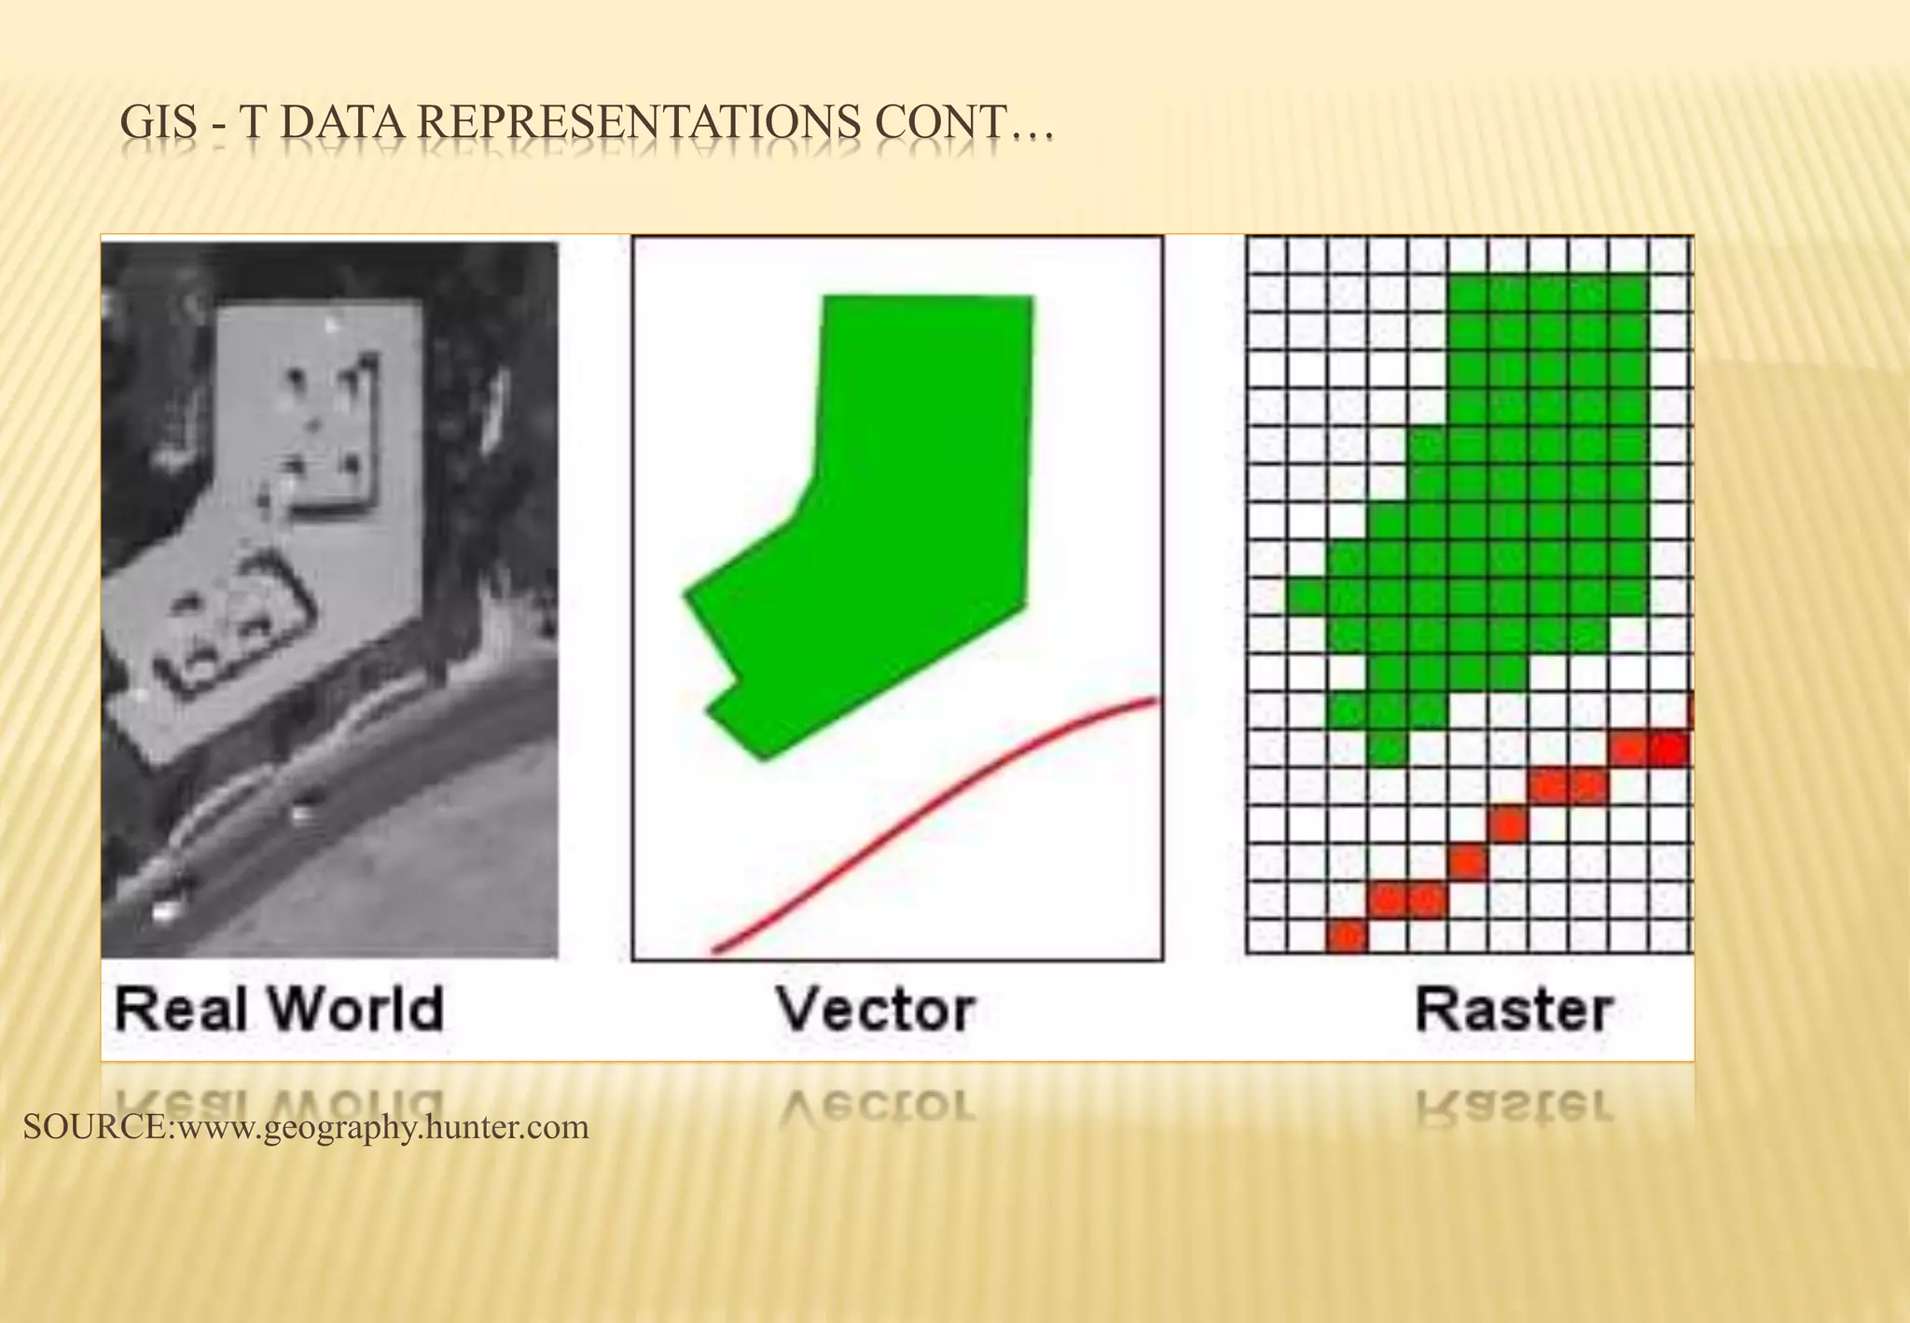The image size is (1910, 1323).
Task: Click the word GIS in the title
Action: pos(159,124)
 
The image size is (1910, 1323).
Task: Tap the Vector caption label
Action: pos(877,1010)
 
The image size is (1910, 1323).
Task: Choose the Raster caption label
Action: pos(1513,1010)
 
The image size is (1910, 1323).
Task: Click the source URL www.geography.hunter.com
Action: pos(382,1127)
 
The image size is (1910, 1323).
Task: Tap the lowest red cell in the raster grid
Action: pos(1346,936)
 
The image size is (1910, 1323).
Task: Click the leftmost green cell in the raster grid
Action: pos(1306,596)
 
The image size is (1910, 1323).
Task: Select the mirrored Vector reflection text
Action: pos(877,1106)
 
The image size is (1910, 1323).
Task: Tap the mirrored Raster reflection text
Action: pos(1513,1106)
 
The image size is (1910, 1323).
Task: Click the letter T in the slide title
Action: pos(254,124)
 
